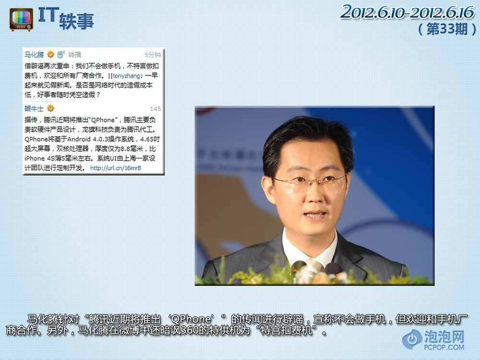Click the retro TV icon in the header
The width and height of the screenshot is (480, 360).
click(22, 20)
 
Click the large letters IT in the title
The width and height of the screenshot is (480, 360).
click(48, 15)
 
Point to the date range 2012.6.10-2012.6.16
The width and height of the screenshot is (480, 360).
click(407, 12)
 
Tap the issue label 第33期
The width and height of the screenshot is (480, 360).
click(447, 29)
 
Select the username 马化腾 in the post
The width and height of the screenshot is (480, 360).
click(34, 55)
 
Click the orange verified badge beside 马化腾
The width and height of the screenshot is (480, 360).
click(51, 55)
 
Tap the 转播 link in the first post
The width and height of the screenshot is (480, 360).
click(75, 55)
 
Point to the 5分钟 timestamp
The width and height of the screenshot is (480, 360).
click(153, 55)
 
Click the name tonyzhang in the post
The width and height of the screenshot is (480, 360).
click(126, 76)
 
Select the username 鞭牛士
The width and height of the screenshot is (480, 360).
click(34, 108)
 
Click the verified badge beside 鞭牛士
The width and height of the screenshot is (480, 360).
click(51, 108)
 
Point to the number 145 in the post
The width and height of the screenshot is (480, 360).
click(156, 108)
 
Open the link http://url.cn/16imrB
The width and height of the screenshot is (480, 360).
click(116, 168)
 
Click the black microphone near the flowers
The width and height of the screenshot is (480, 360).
click(333, 269)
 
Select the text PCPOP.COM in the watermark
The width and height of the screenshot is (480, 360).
click(444, 347)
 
